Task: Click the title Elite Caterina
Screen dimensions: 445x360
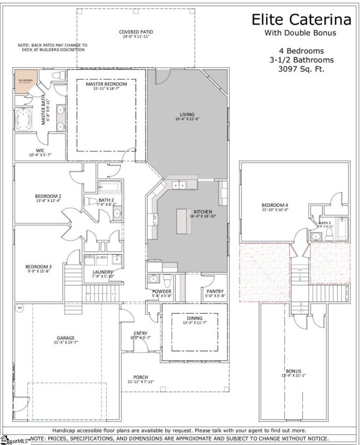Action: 302,20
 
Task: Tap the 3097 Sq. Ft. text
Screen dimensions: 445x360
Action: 301,70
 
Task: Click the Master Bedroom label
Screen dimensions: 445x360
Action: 106,83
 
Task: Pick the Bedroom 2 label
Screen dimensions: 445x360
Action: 48,196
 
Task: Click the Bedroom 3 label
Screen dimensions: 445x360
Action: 38,266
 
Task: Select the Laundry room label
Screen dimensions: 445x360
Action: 103,272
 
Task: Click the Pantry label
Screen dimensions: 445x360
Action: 214,291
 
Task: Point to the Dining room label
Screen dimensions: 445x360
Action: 194,318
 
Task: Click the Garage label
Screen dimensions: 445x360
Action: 65,338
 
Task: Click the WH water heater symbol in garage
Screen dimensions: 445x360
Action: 20,307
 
